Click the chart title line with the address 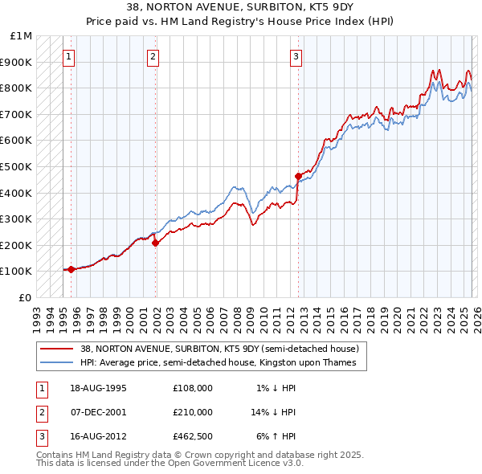click(240, 7)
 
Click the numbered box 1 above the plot click(70, 56)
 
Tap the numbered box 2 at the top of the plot click(153, 56)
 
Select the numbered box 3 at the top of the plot click(296, 56)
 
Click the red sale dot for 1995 click(71, 269)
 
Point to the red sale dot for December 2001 click(155, 243)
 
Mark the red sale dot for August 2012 click(298, 176)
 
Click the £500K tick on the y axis click(17, 166)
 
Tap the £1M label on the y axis click(20, 36)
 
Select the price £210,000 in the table click(192, 412)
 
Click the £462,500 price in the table click(192, 436)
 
